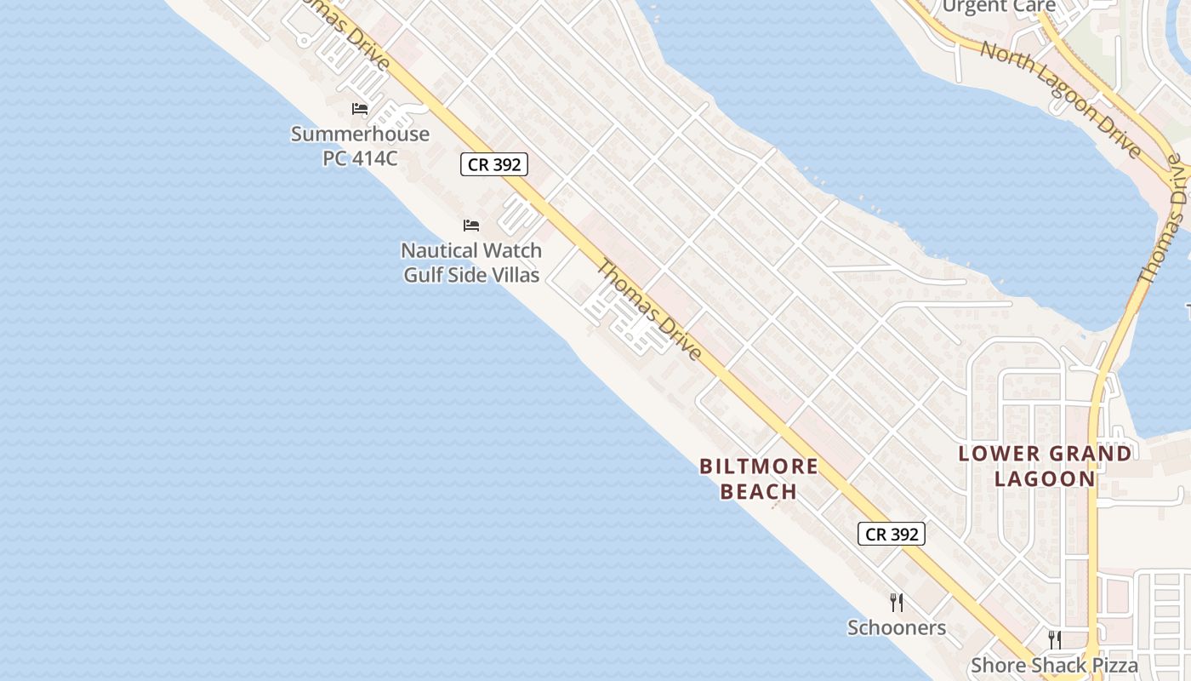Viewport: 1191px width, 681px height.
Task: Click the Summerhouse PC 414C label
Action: coord(360,146)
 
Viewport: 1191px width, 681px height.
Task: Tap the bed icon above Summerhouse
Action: coord(360,109)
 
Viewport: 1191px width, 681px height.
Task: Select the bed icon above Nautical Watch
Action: coord(471,226)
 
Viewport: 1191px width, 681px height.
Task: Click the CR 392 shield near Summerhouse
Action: coord(494,164)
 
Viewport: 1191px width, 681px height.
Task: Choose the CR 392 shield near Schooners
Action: coord(891,534)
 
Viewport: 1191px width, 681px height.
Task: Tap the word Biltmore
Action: coord(759,466)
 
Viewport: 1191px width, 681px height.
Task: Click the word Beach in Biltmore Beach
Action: coord(759,491)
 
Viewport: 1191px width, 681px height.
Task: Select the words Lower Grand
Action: coord(1045,454)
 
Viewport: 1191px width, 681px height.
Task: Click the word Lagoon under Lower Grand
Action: coord(1045,478)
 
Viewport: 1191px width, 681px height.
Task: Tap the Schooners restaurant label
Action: coord(897,628)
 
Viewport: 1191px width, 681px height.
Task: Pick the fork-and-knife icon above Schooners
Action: coord(896,603)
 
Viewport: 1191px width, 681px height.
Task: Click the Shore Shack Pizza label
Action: coord(1054,666)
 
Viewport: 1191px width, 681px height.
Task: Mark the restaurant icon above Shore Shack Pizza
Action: coord(1054,640)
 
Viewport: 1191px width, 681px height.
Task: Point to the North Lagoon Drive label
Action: coord(1060,98)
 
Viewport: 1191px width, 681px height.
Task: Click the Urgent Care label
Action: coord(999,7)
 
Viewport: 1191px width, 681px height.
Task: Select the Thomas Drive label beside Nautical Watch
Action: coord(649,311)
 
